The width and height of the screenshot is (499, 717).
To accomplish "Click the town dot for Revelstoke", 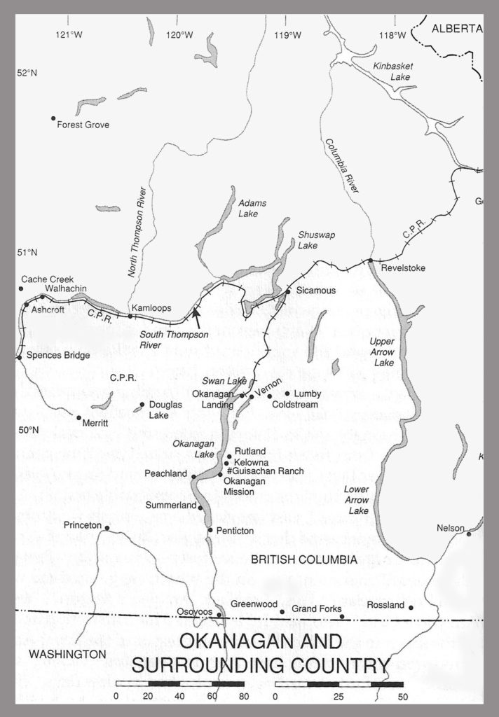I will pyautogui.click(x=370, y=261).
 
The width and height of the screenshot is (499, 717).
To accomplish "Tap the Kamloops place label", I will pyautogui.click(x=151, y=307).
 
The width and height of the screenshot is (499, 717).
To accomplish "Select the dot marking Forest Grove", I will pyautogui.click(x=53, y=118).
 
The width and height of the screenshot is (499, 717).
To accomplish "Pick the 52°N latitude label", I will pyautogui.click(x=27, y=74).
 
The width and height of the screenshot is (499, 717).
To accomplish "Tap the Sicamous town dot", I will pyautogui.click(x=287, y=291).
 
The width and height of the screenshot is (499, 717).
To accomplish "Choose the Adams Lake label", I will pyautogui.click(x=252, y=208).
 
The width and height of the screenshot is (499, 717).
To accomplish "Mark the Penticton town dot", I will pyautogui.click(x=210, y=530).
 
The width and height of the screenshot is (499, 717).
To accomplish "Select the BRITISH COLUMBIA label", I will pyautogui.click(x=304, y=559).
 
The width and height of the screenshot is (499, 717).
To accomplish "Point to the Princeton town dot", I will pyautogui.click(x=107, y=528).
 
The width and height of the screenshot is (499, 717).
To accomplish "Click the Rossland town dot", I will pyautogui.click(x=411, y=608).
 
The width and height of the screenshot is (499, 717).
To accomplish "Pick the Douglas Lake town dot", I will pyautogui.click(x=142, y=404).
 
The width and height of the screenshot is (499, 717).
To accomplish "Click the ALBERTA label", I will pyautogui.click(x=457, y=29).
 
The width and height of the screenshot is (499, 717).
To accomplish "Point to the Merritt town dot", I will pyautogui.click(x=78, y=417).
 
